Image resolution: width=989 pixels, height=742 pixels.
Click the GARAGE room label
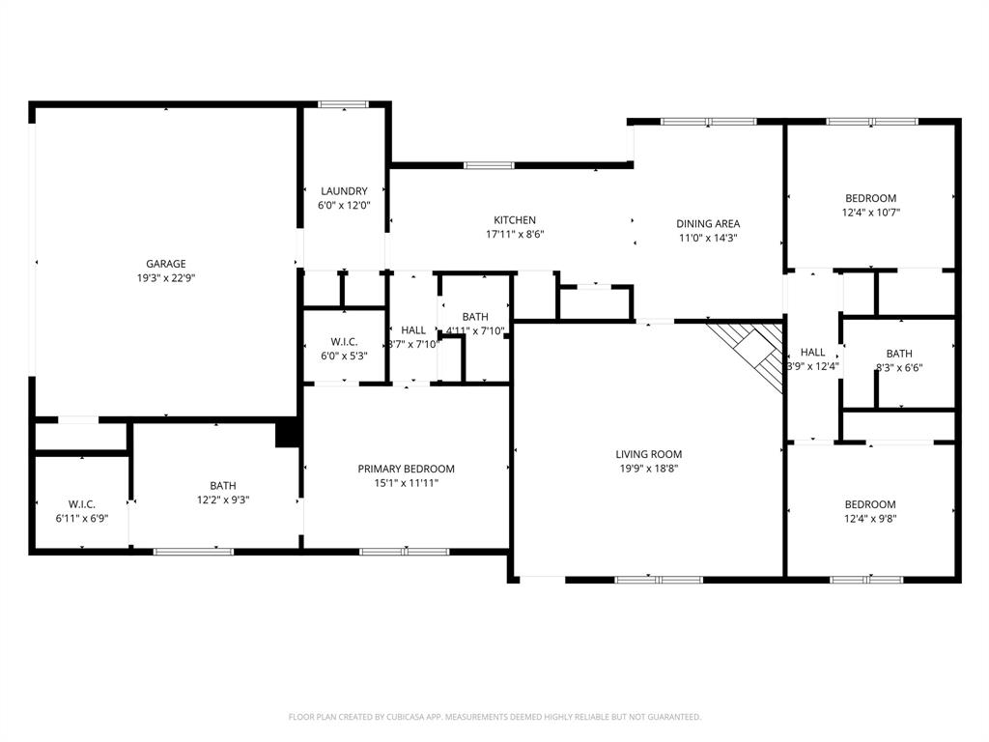click(165, 264)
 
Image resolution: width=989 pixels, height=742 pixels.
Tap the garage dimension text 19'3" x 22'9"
click(165, 278)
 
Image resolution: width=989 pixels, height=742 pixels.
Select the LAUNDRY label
click(344, 191)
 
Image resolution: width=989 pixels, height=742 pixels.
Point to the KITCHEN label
click(514, 220)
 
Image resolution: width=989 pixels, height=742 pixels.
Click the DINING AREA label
click(707, 224)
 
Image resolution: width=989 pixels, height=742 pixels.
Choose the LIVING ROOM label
click(649, 454)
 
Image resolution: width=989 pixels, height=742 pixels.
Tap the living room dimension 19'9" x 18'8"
click(649, 469)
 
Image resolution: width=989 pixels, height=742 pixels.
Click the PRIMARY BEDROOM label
click(406, 469)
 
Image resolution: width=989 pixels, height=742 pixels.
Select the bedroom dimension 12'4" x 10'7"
click(870, 213)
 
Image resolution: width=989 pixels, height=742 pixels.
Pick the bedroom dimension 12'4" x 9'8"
click(870, 519)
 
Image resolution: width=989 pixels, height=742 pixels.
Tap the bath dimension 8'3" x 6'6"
click(898, 368)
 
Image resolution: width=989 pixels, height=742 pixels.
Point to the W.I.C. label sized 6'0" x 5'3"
click(344, 342)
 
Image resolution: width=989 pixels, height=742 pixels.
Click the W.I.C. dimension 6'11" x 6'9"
click(81, 518)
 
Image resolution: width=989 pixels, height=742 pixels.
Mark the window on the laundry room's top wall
click(344, 104)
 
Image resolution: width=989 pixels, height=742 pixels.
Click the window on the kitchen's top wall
click(489, 165)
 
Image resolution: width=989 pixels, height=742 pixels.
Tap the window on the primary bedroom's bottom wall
click(406, 551)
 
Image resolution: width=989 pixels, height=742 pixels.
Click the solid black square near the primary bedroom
click(287, 434)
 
